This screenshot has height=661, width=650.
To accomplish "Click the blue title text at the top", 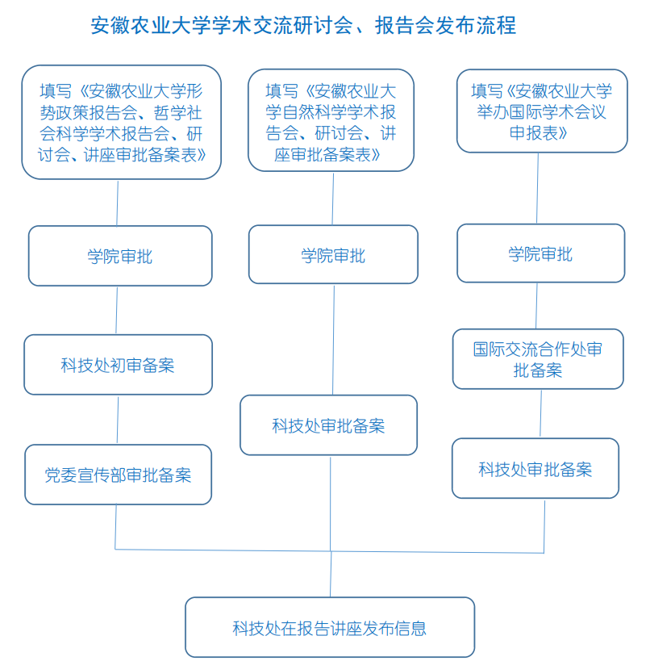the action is click(x=303, y=25).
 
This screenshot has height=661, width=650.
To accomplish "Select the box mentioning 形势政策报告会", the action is click(x=121, y=122).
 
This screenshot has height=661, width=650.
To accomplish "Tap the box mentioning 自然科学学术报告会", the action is click(x=331, y=120).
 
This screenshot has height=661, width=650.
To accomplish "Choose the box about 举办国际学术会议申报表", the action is click(x=542, y=111).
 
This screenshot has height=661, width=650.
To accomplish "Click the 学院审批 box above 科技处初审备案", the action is click(x=120, y=256).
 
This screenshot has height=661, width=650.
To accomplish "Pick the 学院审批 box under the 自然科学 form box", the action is click(x=333, y=254).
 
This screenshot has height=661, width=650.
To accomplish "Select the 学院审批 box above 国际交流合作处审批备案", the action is click(x=541, y=253).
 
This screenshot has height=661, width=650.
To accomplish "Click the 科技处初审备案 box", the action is click(x=118, y=365).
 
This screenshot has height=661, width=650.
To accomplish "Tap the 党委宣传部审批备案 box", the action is click(x=118, y=475).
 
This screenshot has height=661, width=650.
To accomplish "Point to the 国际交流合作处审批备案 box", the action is click(x=538, y=359).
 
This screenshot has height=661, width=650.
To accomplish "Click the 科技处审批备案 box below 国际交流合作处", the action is click(x=535, y=468).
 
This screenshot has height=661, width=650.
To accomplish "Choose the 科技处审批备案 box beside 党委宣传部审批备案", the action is click(x=328, y=425).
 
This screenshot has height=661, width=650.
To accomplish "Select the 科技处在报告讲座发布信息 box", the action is click(x=330, y=627).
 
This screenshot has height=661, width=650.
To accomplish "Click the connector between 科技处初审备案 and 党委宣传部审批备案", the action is click(x=118, y=420).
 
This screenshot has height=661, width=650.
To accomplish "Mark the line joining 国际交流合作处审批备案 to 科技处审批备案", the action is click(x=541, y=414).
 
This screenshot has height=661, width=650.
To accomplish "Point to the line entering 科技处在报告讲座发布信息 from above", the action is click(x=331, y=574).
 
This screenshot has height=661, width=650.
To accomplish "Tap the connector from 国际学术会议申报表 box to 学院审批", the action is click(x=538, y=188).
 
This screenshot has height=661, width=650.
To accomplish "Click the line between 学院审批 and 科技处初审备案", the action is click(x=117, y=310).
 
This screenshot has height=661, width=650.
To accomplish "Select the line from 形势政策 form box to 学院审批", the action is click(x=118, y=203).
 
